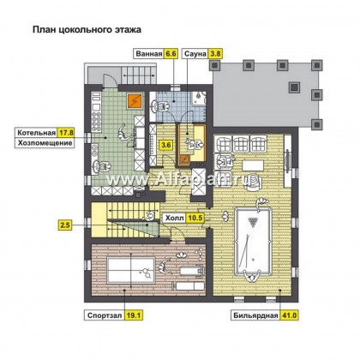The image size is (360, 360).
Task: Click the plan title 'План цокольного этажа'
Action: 87,29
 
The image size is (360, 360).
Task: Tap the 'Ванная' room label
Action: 149,54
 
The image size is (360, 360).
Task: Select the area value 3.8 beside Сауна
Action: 215,54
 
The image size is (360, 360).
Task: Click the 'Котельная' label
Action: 36,133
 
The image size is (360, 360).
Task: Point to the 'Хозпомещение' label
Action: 45,143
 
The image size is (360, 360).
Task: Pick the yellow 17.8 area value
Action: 66,133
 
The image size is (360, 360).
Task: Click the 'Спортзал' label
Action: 105,315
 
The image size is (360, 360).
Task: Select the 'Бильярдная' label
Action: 255,315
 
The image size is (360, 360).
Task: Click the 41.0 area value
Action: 290,315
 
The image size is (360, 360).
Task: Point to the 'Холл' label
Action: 175,219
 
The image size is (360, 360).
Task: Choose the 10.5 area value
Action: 195,219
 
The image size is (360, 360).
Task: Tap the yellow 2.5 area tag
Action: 65,225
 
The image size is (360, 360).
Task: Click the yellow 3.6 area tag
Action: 166,145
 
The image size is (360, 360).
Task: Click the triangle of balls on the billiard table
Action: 253,222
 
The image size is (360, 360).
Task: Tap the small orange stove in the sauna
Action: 184,159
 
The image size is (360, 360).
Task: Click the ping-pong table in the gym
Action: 131,270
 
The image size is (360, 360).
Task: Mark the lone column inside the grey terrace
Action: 295,87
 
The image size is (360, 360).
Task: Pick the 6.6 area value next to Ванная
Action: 171,54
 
